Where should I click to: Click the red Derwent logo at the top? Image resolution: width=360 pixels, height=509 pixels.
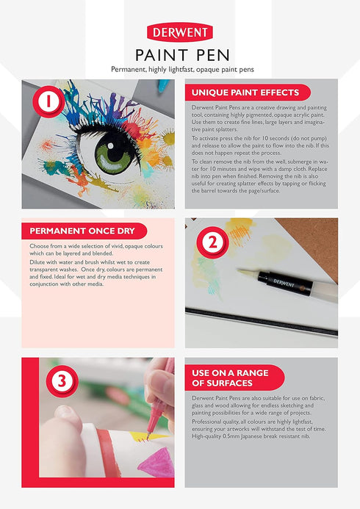pyautogui.click(x=180, y=32)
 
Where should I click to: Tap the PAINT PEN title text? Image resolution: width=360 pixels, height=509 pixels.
pyautogui.click(x=182, y=55)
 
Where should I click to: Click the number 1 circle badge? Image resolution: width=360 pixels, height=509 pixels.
pyautogui.click(x=48, y=101)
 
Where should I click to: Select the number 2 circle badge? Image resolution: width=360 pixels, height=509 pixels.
pyautogui.click(x=213, y=242)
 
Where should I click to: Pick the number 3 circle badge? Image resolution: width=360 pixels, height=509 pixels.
pyautogui.click(x=62, y=381)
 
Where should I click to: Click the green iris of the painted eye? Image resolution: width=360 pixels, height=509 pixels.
pyautogui.click(x=112, y=154)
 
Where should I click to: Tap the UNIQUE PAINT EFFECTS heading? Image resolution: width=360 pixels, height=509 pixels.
pyautogui.click(x=245, y=93)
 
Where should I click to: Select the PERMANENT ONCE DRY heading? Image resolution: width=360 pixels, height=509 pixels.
pyautogui.click(x=82, y=231)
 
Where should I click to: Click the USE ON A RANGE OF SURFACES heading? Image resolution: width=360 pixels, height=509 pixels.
pyautogui.click(x=230, y=378)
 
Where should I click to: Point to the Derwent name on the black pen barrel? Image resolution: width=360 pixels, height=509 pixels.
pyautogui.click(x=284, y=283)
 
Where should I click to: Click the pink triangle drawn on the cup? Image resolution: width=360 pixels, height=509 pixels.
pyautogui.click(x=157, y=463)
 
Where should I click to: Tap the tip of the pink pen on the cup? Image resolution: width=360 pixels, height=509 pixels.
pyautogui.click(x=148, y=438)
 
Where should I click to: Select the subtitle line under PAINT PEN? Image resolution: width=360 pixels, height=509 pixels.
pyautogui.click(x=182, y=69)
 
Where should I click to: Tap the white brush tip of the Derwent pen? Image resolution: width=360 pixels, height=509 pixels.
pyautogui.click(x=248, y=272)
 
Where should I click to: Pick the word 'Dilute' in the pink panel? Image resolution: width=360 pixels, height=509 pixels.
pyautogui.click(x=37, y=262)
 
